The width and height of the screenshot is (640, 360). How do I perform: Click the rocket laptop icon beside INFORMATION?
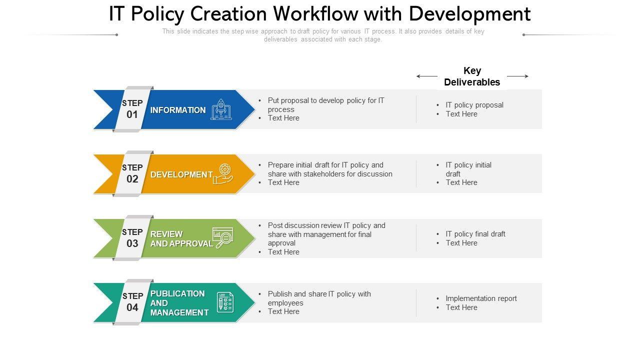click(x=221, y=109)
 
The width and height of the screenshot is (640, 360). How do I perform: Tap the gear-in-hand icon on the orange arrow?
click(x=223, y=174)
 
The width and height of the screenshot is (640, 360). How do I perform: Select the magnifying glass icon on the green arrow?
click(x=222, y=238)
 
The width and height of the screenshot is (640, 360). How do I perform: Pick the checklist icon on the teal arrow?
click(x=225, y=302)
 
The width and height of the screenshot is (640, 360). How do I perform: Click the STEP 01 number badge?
click(x=132, y=109)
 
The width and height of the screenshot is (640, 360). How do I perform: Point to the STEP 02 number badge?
click(x=132, y=173)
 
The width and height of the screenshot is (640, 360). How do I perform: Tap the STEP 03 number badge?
click(x=132, y=238)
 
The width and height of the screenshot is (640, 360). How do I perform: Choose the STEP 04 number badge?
click(x=132, y=302)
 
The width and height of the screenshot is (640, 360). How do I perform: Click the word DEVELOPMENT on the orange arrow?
click(x=181, y=174)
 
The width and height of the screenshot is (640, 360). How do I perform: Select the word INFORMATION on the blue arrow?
click(x=178, y=110)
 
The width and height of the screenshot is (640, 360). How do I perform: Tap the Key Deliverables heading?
click(x=472, y=76)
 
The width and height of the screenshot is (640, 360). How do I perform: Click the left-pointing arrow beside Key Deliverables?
click(x=426, y=76)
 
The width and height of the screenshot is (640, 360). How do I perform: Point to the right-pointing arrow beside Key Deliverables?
click(x=517, y=76)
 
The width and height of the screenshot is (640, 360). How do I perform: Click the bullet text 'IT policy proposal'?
click(x=474, y=105)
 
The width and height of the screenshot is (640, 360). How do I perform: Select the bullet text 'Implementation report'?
click(x=481, y=298)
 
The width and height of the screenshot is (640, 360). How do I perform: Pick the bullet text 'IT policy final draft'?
click(x=475, y=234)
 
